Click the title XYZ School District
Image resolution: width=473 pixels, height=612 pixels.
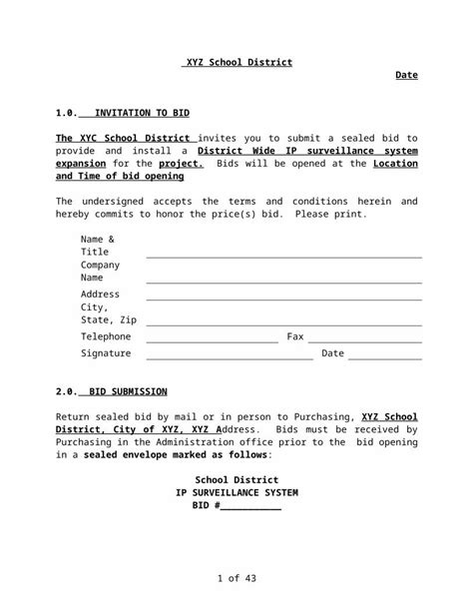pyautogui.click(x=236, y=62)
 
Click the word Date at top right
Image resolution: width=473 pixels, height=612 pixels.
pyautogui.click(x=406, y=75)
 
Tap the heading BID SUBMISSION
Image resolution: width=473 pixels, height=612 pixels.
pyautogui.click(x=128, y=391)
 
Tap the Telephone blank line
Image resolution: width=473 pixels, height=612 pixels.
pyautogui.click(x=212, y=340)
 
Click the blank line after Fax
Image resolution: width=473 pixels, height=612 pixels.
pyautogui.click(x=364, y=340)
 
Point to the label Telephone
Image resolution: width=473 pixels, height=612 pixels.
pyautogui.click(x=106, y=336)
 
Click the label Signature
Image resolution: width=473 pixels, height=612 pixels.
pyautogui.click(x=106, y=353)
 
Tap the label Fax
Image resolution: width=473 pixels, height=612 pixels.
pyautogui.click(x=295, y=336)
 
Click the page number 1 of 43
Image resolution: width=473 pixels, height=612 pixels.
pyautogui.click(x=236, y=578)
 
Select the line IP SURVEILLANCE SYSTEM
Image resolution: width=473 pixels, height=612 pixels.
pyautogui.click(x=236, y=493)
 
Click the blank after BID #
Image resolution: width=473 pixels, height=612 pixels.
pyautogui.click(x=250, y=508)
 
